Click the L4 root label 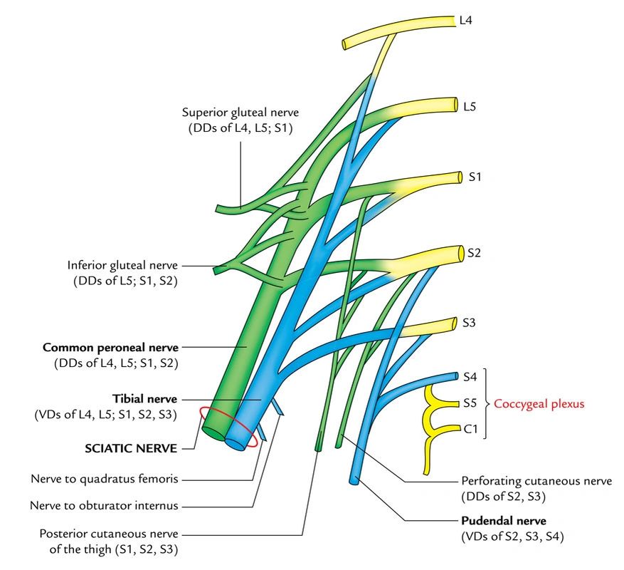coord(465,20)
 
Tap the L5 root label coord(469,107)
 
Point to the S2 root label coord(474,252)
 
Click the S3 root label coord(468,323)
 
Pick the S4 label coord(469,375)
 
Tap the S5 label coord(469,403)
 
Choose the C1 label coord(469,429)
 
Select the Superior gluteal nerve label coord(240,112)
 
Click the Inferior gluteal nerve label coord(122,265)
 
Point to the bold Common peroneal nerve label coord(110,348)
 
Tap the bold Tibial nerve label coord(144,398)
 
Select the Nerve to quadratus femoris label coord(105,477)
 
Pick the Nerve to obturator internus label coord(105,506)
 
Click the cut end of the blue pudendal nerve coord(354,481)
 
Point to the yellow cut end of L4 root coord(345,44)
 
